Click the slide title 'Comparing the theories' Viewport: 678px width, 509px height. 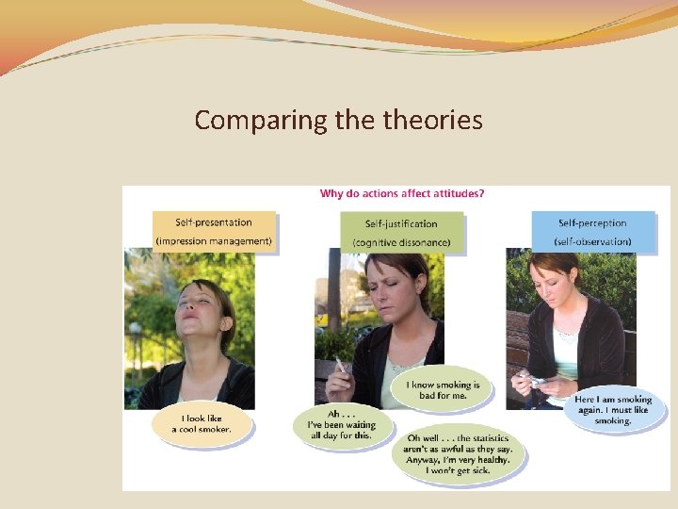[338, 121]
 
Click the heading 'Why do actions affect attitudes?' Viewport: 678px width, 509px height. [402, 194]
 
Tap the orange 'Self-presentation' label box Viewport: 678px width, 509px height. [214, 223]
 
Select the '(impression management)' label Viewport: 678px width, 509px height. [214, 242]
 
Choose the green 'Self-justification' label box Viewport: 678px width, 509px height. [401, 224]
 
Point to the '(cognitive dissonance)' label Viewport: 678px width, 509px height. [401, 243]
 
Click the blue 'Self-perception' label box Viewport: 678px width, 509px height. [592, 223]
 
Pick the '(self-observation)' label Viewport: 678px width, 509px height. [592, 242]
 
